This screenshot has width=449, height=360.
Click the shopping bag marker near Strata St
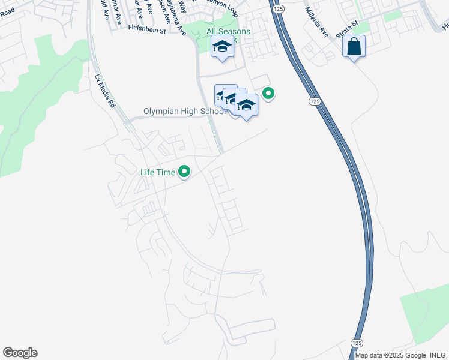click(x=354, y=46)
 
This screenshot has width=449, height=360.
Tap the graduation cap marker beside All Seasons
click(x=223, y=46)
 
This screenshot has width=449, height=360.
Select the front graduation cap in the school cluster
click(x=246, y=106)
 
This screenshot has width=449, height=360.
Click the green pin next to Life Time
click(x=185, y=173)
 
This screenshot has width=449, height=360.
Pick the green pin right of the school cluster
click(x=268, y=94)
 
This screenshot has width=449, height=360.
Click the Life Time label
click(x=157, y=173)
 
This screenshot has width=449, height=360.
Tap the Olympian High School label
click(x=184, y=112)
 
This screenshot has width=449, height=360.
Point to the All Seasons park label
click(x=228, y=31)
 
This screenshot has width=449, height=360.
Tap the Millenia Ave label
click(x=316, y=22)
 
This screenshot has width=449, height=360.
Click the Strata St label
click(x=346, y=29)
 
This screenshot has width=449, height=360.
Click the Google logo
click(x=20, y=353)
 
